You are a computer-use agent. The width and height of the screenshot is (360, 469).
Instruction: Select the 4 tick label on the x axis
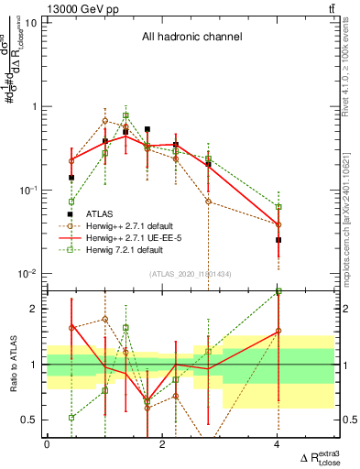tap(278, 445)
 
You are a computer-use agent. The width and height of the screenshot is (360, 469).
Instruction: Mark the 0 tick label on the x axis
tap(47, 445)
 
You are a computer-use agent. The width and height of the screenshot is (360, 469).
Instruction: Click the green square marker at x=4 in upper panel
tap(278, 207)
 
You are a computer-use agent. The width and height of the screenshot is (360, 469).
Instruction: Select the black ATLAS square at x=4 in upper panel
tap(278, 240)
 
